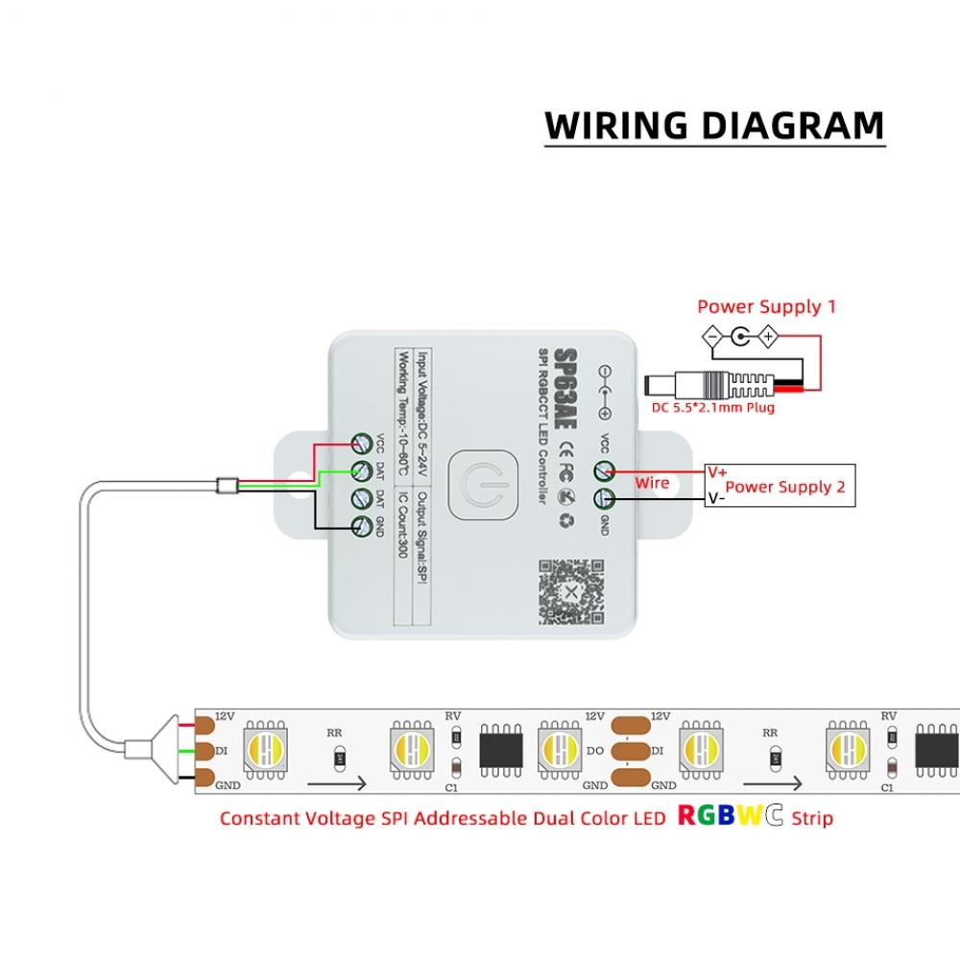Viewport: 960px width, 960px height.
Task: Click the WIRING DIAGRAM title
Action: [x=714, y=126]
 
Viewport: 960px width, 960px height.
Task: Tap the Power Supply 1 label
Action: [x=766, y=307]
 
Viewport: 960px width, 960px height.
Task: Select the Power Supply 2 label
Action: [x=785, y=487]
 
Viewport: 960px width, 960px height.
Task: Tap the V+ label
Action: [x=717, y=471]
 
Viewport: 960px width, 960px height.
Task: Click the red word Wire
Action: [x=652, y=483]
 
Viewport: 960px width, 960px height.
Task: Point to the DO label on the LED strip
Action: [x=594, y=751]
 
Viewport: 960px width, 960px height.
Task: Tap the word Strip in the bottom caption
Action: [x=812, y=818]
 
